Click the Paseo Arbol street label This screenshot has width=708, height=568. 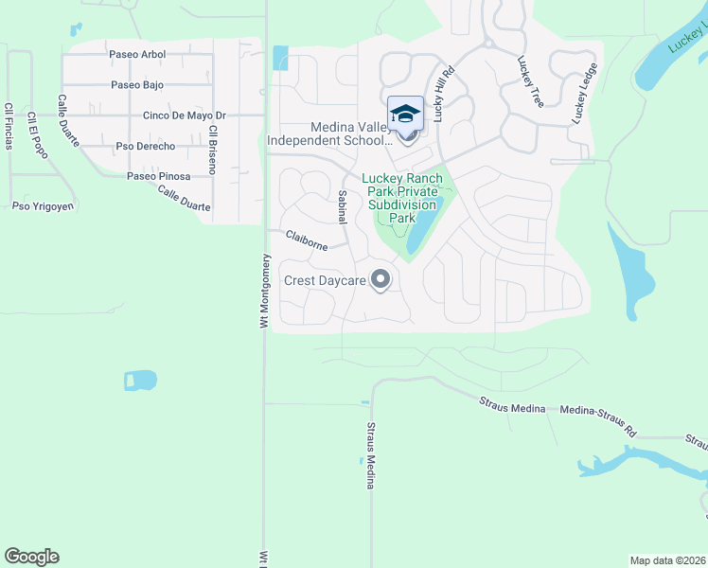tap(137, 55)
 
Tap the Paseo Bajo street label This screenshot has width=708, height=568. tap(137, 85)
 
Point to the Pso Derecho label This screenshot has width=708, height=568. tap(145, 147)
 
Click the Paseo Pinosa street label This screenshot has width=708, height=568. tap(159, 177)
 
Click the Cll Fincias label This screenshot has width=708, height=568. tap(9, 126)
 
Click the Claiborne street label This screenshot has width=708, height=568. tap(307, 241)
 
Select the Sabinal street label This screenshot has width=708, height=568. tap(343, 206)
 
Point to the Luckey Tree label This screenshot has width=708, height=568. tap(529, 81)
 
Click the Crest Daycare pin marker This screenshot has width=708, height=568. tap(381, 279)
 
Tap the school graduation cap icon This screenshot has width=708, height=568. tap(406, 114)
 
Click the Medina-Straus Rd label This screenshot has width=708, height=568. tap(598, 422)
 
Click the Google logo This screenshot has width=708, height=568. tap(32, 557)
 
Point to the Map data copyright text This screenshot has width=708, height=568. tap(668, 560)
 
